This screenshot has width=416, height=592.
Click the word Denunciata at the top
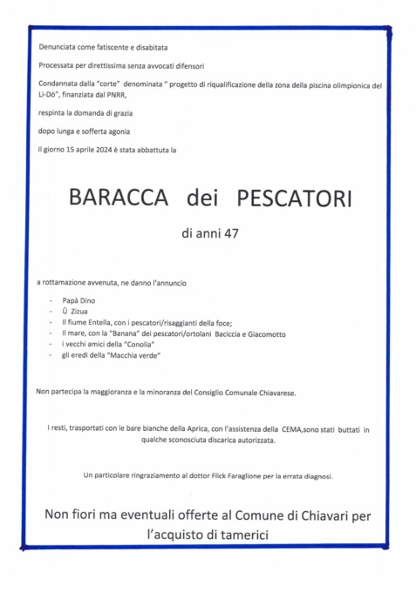(x=57, y=47)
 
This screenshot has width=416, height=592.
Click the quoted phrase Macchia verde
(x=136, y=356)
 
